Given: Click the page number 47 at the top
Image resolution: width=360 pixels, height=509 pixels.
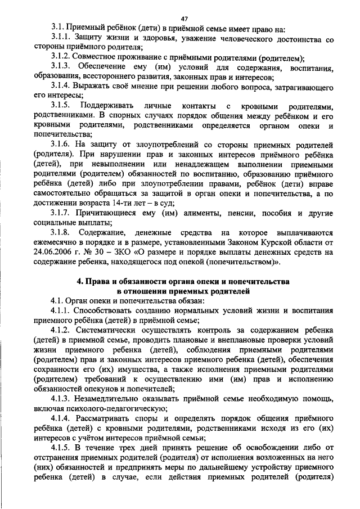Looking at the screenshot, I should (184, 19).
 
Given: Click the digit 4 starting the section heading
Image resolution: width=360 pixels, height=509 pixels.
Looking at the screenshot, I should (79, 281).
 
